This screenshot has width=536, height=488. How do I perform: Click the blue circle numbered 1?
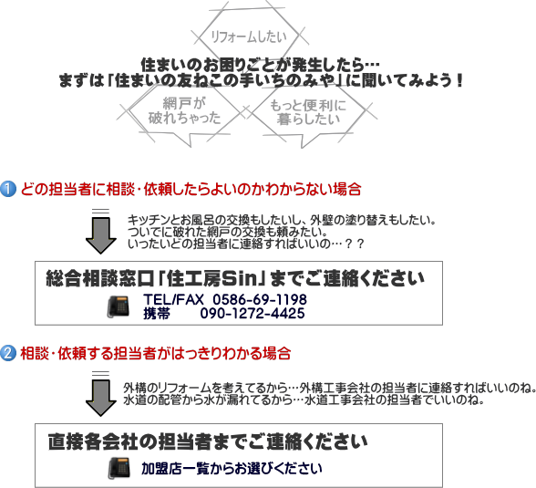8,189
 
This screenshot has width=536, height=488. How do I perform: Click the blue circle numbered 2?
8,353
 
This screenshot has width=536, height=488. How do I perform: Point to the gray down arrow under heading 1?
101,232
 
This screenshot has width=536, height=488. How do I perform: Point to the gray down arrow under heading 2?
101,394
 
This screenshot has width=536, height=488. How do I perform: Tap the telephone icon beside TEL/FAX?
119,306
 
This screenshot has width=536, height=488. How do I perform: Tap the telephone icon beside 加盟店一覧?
119,468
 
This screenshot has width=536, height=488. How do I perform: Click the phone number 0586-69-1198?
260,299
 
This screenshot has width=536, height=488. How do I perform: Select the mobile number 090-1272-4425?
253,313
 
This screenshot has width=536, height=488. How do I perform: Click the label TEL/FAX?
173,299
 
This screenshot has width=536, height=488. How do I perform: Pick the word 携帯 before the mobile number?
157,313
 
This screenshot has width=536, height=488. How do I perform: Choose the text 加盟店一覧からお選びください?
232,468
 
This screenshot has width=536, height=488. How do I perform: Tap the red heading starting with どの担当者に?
191,189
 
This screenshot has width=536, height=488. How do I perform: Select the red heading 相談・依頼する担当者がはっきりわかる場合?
156,353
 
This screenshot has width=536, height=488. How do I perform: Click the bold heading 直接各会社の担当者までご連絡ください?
208,441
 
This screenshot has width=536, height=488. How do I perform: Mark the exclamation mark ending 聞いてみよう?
459,80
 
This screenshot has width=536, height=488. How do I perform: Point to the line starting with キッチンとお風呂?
282,220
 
